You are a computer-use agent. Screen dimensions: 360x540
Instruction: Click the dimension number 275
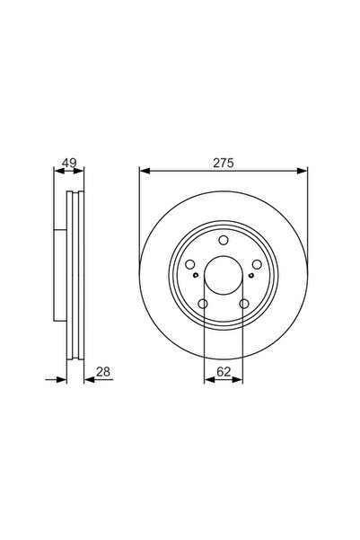click(x=224, y=163)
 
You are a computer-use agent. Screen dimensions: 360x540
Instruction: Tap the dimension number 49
click(x=69, y=163)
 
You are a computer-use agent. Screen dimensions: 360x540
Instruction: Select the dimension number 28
click(x=103, y=372)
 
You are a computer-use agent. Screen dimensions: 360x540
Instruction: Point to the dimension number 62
click(x=224, y=372)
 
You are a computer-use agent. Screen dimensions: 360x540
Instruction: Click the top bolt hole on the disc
click(x=224, y=240)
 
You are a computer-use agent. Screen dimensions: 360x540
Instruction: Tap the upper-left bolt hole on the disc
click(x=190, y=264)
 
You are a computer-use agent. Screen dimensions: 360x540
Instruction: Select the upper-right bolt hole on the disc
click(x=257, y=264)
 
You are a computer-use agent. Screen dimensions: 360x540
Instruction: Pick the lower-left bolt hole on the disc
click(x=203, y=304)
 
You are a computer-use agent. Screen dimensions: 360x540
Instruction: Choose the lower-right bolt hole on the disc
click(x=244, y=304)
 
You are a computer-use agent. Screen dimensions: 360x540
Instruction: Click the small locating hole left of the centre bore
click(x=196, y=275)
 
